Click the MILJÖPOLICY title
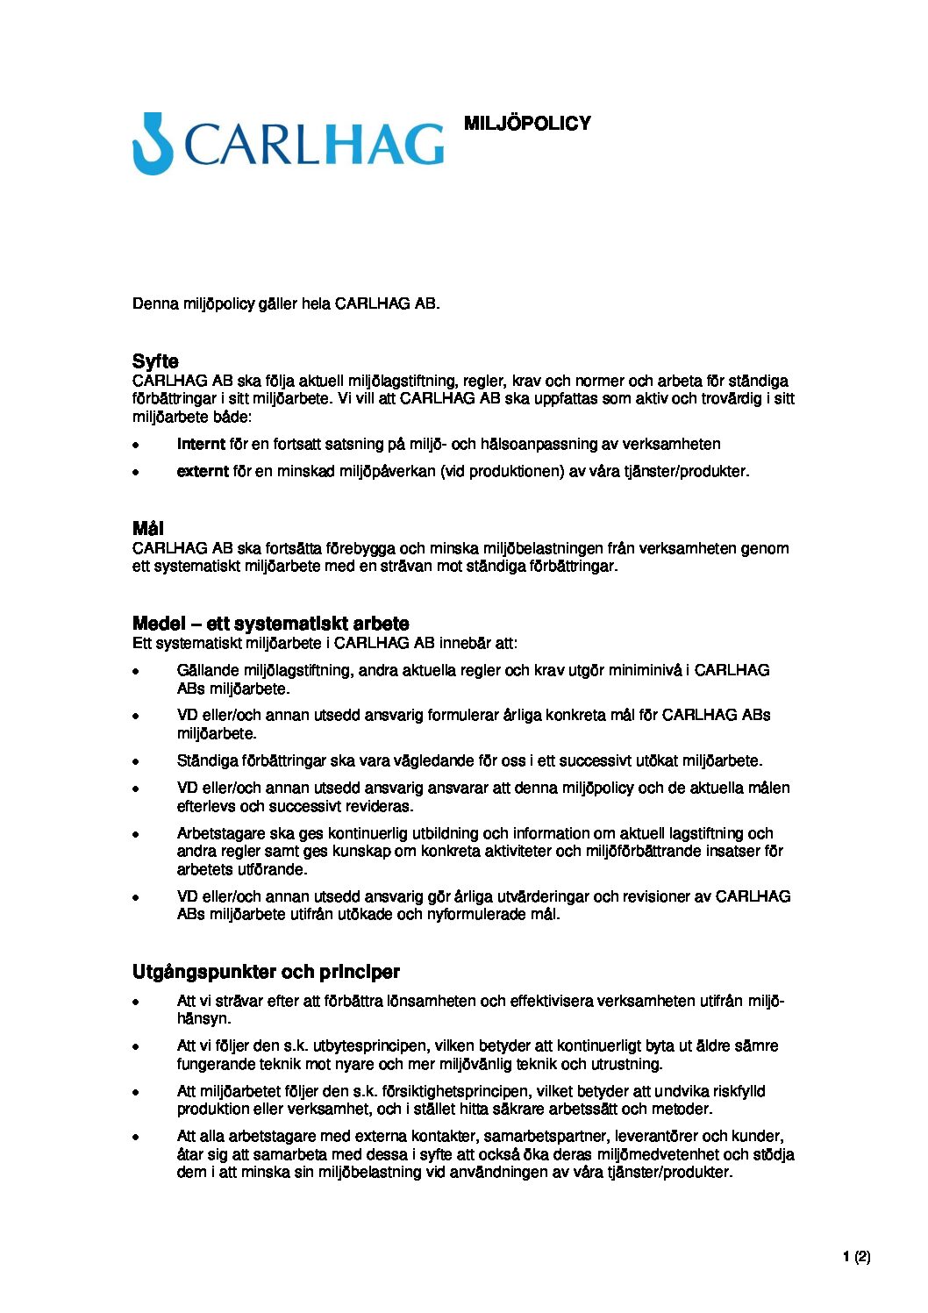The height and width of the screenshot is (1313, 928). click(527, 124)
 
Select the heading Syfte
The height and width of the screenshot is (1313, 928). click(155, 361)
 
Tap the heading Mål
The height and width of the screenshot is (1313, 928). click(147, 528)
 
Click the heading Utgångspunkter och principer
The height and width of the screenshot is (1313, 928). click(266, 972)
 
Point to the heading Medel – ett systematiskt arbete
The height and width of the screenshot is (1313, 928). click(270, 624)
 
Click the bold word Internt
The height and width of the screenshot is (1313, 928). click(201, 444)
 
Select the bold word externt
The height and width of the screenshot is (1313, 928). click(203, 471)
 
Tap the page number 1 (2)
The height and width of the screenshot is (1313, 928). click(856, 1257)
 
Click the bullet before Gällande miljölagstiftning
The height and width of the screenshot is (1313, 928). click(136, 671)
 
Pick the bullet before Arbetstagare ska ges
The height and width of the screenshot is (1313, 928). click(136, 834)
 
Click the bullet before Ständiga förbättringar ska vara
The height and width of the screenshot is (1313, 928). click(136, 761)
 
